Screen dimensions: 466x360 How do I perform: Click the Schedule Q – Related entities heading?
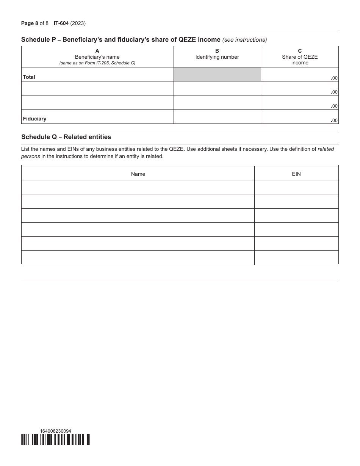tap(66, 137)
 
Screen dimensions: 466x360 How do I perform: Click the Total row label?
tap(29, 77)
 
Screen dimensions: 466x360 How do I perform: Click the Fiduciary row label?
tap(34, 119)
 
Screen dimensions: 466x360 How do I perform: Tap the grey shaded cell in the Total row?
tap(217, 74)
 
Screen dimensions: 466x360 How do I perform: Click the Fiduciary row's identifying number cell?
tap(217, 117)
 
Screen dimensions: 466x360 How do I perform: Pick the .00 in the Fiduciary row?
tap(334, 120)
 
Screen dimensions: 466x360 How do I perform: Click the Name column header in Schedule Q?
tap(138, 174)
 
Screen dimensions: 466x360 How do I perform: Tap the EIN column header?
tap(296, 174)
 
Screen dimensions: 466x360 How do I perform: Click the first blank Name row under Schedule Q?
tap(138, 187)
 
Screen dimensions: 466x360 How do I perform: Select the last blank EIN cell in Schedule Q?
tap(296, 258)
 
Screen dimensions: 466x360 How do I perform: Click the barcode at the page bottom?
tap(56, 439)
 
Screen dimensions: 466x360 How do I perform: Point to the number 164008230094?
tap(55, 431)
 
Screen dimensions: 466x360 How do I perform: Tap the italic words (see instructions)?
tap(244, 40)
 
